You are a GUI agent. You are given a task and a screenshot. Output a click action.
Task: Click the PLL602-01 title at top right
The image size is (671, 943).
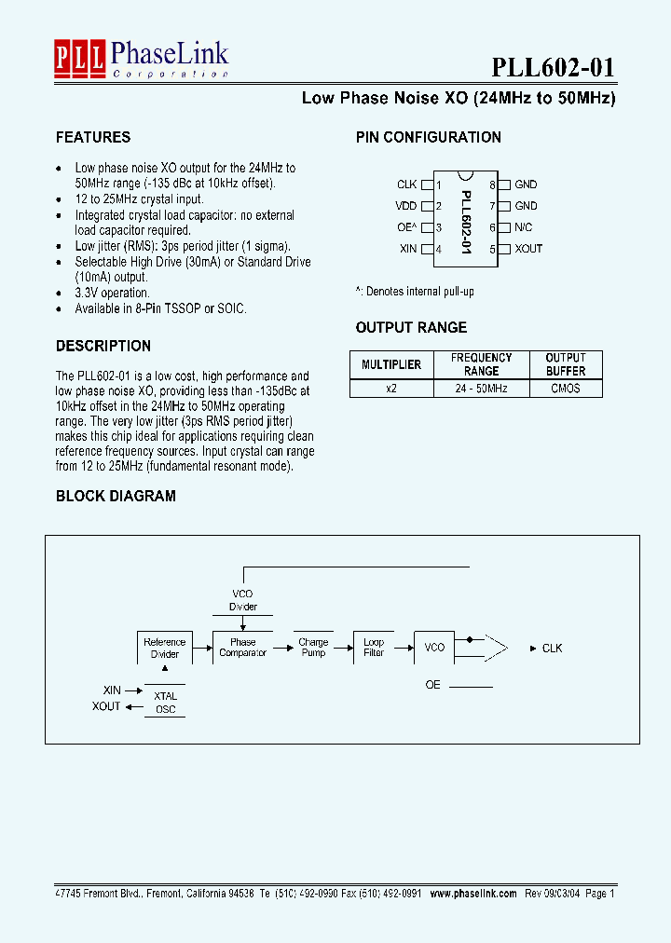coord(553,68)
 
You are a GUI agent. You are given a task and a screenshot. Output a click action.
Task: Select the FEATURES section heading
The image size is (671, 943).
coord(93,137)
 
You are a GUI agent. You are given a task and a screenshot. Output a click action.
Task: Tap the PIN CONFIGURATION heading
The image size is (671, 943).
coord(429,137)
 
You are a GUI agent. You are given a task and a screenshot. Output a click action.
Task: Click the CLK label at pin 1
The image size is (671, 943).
coord(407,184)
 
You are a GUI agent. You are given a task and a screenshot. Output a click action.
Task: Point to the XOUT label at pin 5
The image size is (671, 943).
coord(528,249)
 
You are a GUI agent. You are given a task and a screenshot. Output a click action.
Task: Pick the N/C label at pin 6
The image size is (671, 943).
coord(524,227)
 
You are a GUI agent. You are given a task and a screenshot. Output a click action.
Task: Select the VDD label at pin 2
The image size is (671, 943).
coord(406,206)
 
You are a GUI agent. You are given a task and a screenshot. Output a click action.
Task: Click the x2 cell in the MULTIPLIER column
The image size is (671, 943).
coord(391,389)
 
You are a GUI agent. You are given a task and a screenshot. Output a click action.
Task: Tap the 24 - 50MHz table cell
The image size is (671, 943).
coord(482,389)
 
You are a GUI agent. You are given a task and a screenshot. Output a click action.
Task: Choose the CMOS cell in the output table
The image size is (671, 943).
coord(565,389)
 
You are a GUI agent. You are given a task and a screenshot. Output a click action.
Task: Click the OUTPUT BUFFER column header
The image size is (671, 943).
coord(565,364)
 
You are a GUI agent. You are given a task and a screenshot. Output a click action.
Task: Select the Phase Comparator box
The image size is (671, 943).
coord(242,648)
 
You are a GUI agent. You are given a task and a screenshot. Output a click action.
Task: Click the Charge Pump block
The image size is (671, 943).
coord(313,648)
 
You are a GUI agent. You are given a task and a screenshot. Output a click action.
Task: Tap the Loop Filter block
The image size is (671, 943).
coord(374,648)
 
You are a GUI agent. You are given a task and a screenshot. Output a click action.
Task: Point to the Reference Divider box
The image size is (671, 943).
coord(165,648)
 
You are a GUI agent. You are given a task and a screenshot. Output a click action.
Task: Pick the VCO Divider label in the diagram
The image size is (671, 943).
coord(242,600)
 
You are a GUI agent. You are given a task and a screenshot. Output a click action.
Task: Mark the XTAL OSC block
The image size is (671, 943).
coord(165,703)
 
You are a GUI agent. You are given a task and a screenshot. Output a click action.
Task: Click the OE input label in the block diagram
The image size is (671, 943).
coord(432,685)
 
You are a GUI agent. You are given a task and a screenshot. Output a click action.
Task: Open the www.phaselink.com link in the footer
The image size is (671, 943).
coord(472,893)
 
